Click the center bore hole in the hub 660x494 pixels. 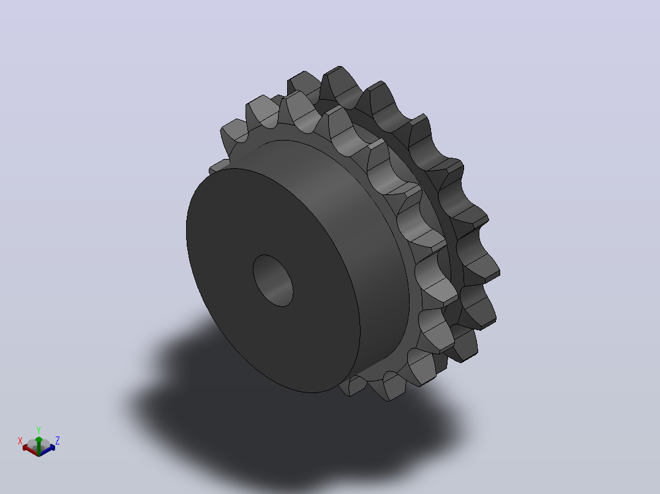[273, 281]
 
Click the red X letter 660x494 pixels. [20, 441]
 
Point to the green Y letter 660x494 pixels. [39, 430]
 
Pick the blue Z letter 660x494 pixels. [58, 440]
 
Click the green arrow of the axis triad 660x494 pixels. [39, 446]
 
